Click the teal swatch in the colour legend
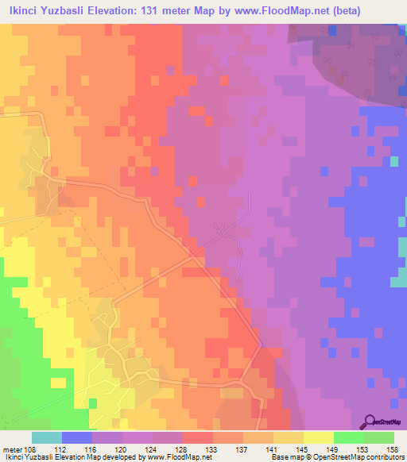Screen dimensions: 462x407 pyautogui.click(x=46, y=437)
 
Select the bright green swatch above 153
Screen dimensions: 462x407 pyautogui.click(x=347, y=437)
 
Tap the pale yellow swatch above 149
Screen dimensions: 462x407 pyautogui.click(x=317, y=437)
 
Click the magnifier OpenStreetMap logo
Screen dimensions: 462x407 pyautogui.click(x=370, y=420)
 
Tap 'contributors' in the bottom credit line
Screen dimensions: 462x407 pyautogui.click(x=385, y=457)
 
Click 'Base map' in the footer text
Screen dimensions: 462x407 pyautogui.click(x=285, y=457)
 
